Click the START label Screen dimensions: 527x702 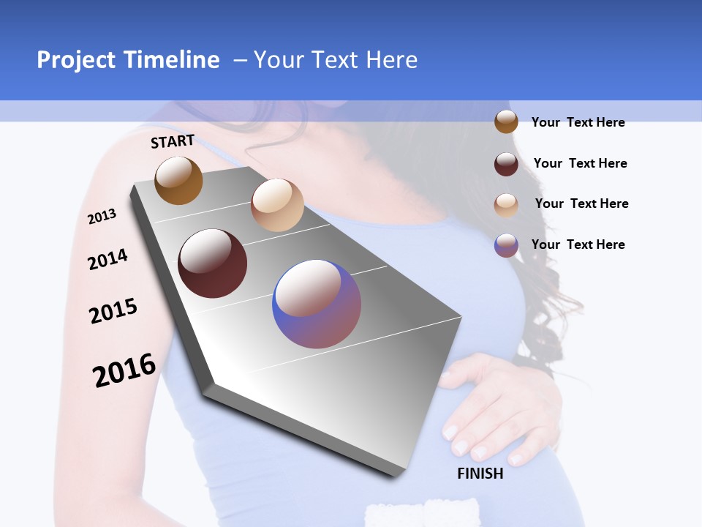tap(173, 141)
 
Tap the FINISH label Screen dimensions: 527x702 tap(480, 474)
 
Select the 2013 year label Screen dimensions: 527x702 tap(102, 217)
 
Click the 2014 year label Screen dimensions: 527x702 tap(107, 259)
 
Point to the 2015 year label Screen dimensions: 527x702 tap(113, 311)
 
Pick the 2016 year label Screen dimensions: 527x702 tap(124, 370)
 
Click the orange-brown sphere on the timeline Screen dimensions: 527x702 tap(178, 181)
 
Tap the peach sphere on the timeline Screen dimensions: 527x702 tap(277, 205)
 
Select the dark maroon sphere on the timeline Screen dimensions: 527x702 tap(213, 263)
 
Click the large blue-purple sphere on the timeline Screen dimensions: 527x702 tap(317, 304)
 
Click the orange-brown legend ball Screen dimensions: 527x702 tap(506, 122)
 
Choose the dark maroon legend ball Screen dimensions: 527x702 tap(506, 164)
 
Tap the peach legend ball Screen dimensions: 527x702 tap(506, 205)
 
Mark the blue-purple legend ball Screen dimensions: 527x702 tap(506, 245)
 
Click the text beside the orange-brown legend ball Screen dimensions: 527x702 tap(578, 122)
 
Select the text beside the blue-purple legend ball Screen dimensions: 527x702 tap(578, 244)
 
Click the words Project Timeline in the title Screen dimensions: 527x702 tap(128, 60)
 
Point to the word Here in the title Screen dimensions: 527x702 tap(392, 60)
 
